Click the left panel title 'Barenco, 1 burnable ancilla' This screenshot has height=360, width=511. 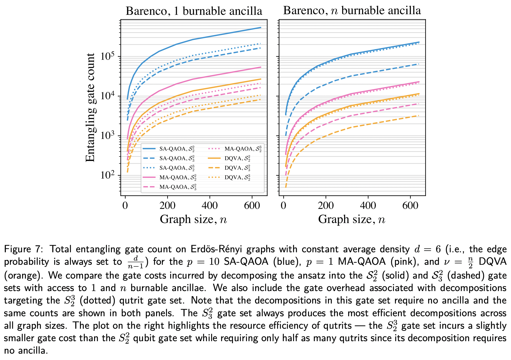point(194,11)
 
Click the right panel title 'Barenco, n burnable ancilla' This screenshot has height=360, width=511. point(352,11)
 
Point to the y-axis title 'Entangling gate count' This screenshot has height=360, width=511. point(90,107)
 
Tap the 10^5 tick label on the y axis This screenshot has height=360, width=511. point(107,56)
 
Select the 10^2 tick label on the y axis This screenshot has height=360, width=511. point(107,175)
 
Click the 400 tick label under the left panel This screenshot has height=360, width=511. point(210,205)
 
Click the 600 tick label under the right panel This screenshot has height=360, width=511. point(410,205)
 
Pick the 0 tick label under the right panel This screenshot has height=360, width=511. point(283,205)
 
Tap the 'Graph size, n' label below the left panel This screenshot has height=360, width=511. point(193,219)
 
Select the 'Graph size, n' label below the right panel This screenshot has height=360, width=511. point(352,219)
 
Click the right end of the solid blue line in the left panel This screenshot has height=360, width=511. point(260,28)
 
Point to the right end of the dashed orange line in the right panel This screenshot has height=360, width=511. point(419,116)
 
